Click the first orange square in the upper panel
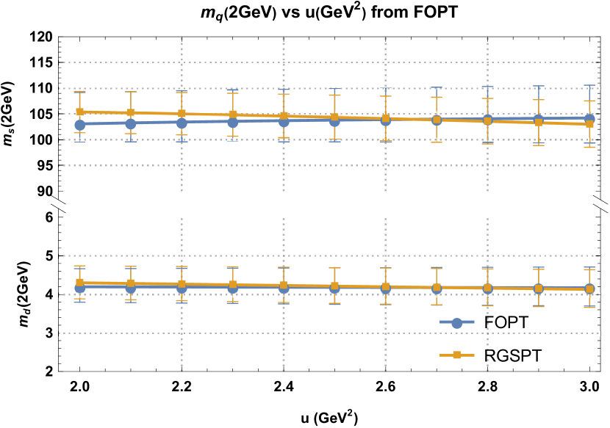79,112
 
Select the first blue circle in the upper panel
79,125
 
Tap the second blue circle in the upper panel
131,124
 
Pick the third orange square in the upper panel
182,114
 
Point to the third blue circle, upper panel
182,123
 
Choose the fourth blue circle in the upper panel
233,123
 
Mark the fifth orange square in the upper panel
284,116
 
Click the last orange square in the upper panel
589,124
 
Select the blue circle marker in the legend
457,323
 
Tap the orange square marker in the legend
457,355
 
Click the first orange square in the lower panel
79,282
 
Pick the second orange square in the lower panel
131,283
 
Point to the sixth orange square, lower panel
334,286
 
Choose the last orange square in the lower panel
589,289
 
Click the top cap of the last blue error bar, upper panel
589,86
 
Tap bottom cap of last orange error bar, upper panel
589,147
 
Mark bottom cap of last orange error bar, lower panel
589,307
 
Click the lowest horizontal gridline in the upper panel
329,166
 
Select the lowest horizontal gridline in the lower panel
329,333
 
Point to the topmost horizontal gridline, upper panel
329,62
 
